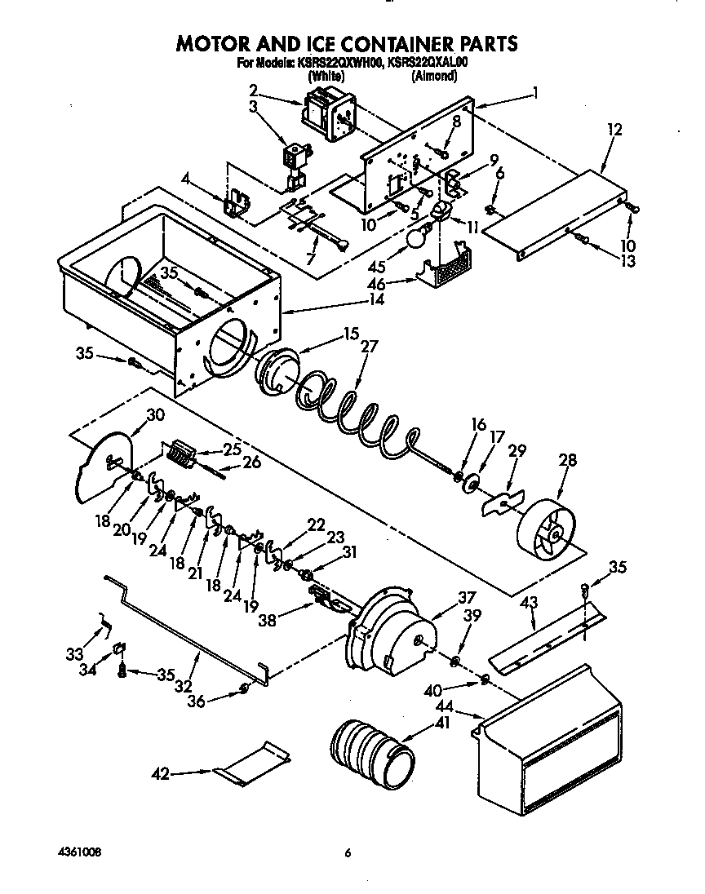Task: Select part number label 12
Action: pyautogui.click(x=614, y=129)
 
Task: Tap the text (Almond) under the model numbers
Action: pyautogui.click(x=433, y=77)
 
